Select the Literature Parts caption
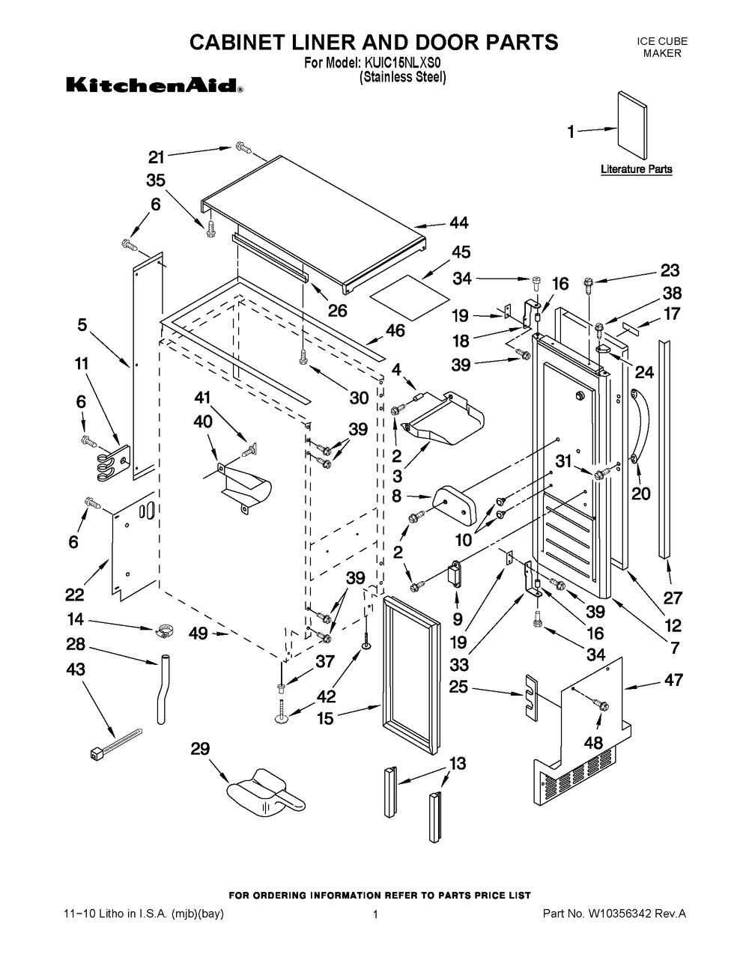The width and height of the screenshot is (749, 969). tap(636, 169)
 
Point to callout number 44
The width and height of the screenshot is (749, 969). tap(458, 222)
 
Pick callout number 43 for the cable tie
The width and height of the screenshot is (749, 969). tap(76, 669)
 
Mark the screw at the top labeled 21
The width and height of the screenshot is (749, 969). tap(242, 147)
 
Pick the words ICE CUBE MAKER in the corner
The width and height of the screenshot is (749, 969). tap(661, 47)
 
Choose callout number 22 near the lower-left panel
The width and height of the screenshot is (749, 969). tap(75, 594)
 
